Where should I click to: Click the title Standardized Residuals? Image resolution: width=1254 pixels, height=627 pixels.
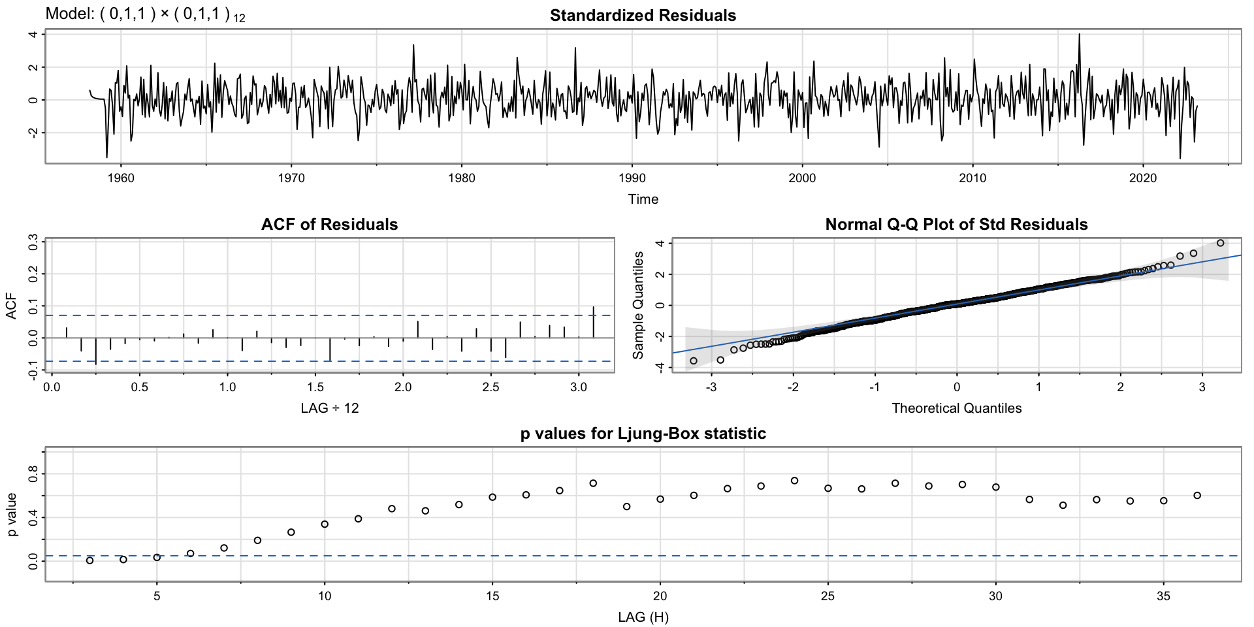pyautogui.click(x=643, y=16)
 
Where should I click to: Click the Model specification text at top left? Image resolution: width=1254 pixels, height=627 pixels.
pyautogui.click(x=145, y=15)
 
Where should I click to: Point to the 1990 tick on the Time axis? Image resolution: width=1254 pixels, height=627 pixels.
pyautogui.click(x=632, y=178)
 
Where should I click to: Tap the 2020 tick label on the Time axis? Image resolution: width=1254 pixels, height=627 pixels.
pyautogui.click(x=1143, y=178)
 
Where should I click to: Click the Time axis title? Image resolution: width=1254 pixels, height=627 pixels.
pyautogui.click(x=643, y=199)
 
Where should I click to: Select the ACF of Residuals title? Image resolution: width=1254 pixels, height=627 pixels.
pyautogui.click(x=329, y=225)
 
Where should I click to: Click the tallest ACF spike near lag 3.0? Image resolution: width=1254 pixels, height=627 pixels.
pyautogui.click(x=593, y=321)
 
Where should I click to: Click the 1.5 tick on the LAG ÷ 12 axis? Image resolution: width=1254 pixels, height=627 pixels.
pyautogui.click(x=315, y=387)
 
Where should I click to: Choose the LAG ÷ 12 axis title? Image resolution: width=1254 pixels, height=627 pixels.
pyautogui.click(x=329, y=408)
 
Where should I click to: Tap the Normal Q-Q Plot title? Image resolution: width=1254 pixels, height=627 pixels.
pyautogui.click(x=956, y=225)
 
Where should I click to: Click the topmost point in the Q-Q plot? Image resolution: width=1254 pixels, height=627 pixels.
pyautogui.click(x=1220, y=243)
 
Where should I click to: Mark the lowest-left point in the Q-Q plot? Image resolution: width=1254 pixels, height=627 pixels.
pyautogui.click(x=694, y=361)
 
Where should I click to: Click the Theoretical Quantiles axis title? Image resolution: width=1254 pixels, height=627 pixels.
pyautogui.click(x=956, y=408)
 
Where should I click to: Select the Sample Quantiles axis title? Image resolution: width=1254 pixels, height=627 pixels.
pyautogui.click(x=638, y=305)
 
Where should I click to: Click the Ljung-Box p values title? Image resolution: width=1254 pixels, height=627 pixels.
pyautogui.click(x=643, y=434)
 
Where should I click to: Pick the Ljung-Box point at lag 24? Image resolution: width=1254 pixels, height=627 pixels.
pyautogui.click(x=794, y=481)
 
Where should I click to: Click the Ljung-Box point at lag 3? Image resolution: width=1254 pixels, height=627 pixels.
pyautogui.click(x=90, y=560)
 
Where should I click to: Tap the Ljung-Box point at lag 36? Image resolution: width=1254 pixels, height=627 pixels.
pyautogui.click(x=1197, y=496)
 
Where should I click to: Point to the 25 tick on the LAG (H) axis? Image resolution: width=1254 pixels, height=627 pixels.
pyautogui.click(x=828, y=596)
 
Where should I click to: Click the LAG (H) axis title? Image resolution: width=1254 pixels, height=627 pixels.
pyautogui.click(x=643, y=617)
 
